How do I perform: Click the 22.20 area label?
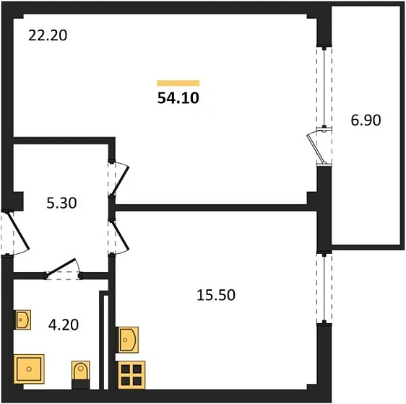pyautogui.click(x=48, y=35)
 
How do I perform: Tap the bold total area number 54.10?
pyautogui.click(x=178, y=98)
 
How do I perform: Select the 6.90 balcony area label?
pyautogui.click(x=366, y=120)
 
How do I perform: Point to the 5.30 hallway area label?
pyautogui.click(x=61, y=203)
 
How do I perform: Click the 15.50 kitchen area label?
pyautogui.click(x=216, y=295)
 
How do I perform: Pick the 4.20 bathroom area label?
pyautogui.click(x=64, y=325)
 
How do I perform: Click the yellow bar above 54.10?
pyautogui.click(x=178, y=83)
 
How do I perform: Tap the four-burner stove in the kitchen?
pyautogui.click(x=131, y=375)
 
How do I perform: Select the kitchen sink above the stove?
pyautogui.click(x=127, y=340)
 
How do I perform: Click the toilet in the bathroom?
pyautogui.click(x=81, y=374)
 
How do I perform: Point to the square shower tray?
pyautogui.click(x=29, y=369)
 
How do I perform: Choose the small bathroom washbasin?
pyautogui.click(x=22, y=320)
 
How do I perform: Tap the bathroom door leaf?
pyautogui.click(x=61, y=267)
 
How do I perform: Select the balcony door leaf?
pyautogui.click(x=316, y=149)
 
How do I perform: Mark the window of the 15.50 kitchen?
pyautogui.click(x=324, y=289)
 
